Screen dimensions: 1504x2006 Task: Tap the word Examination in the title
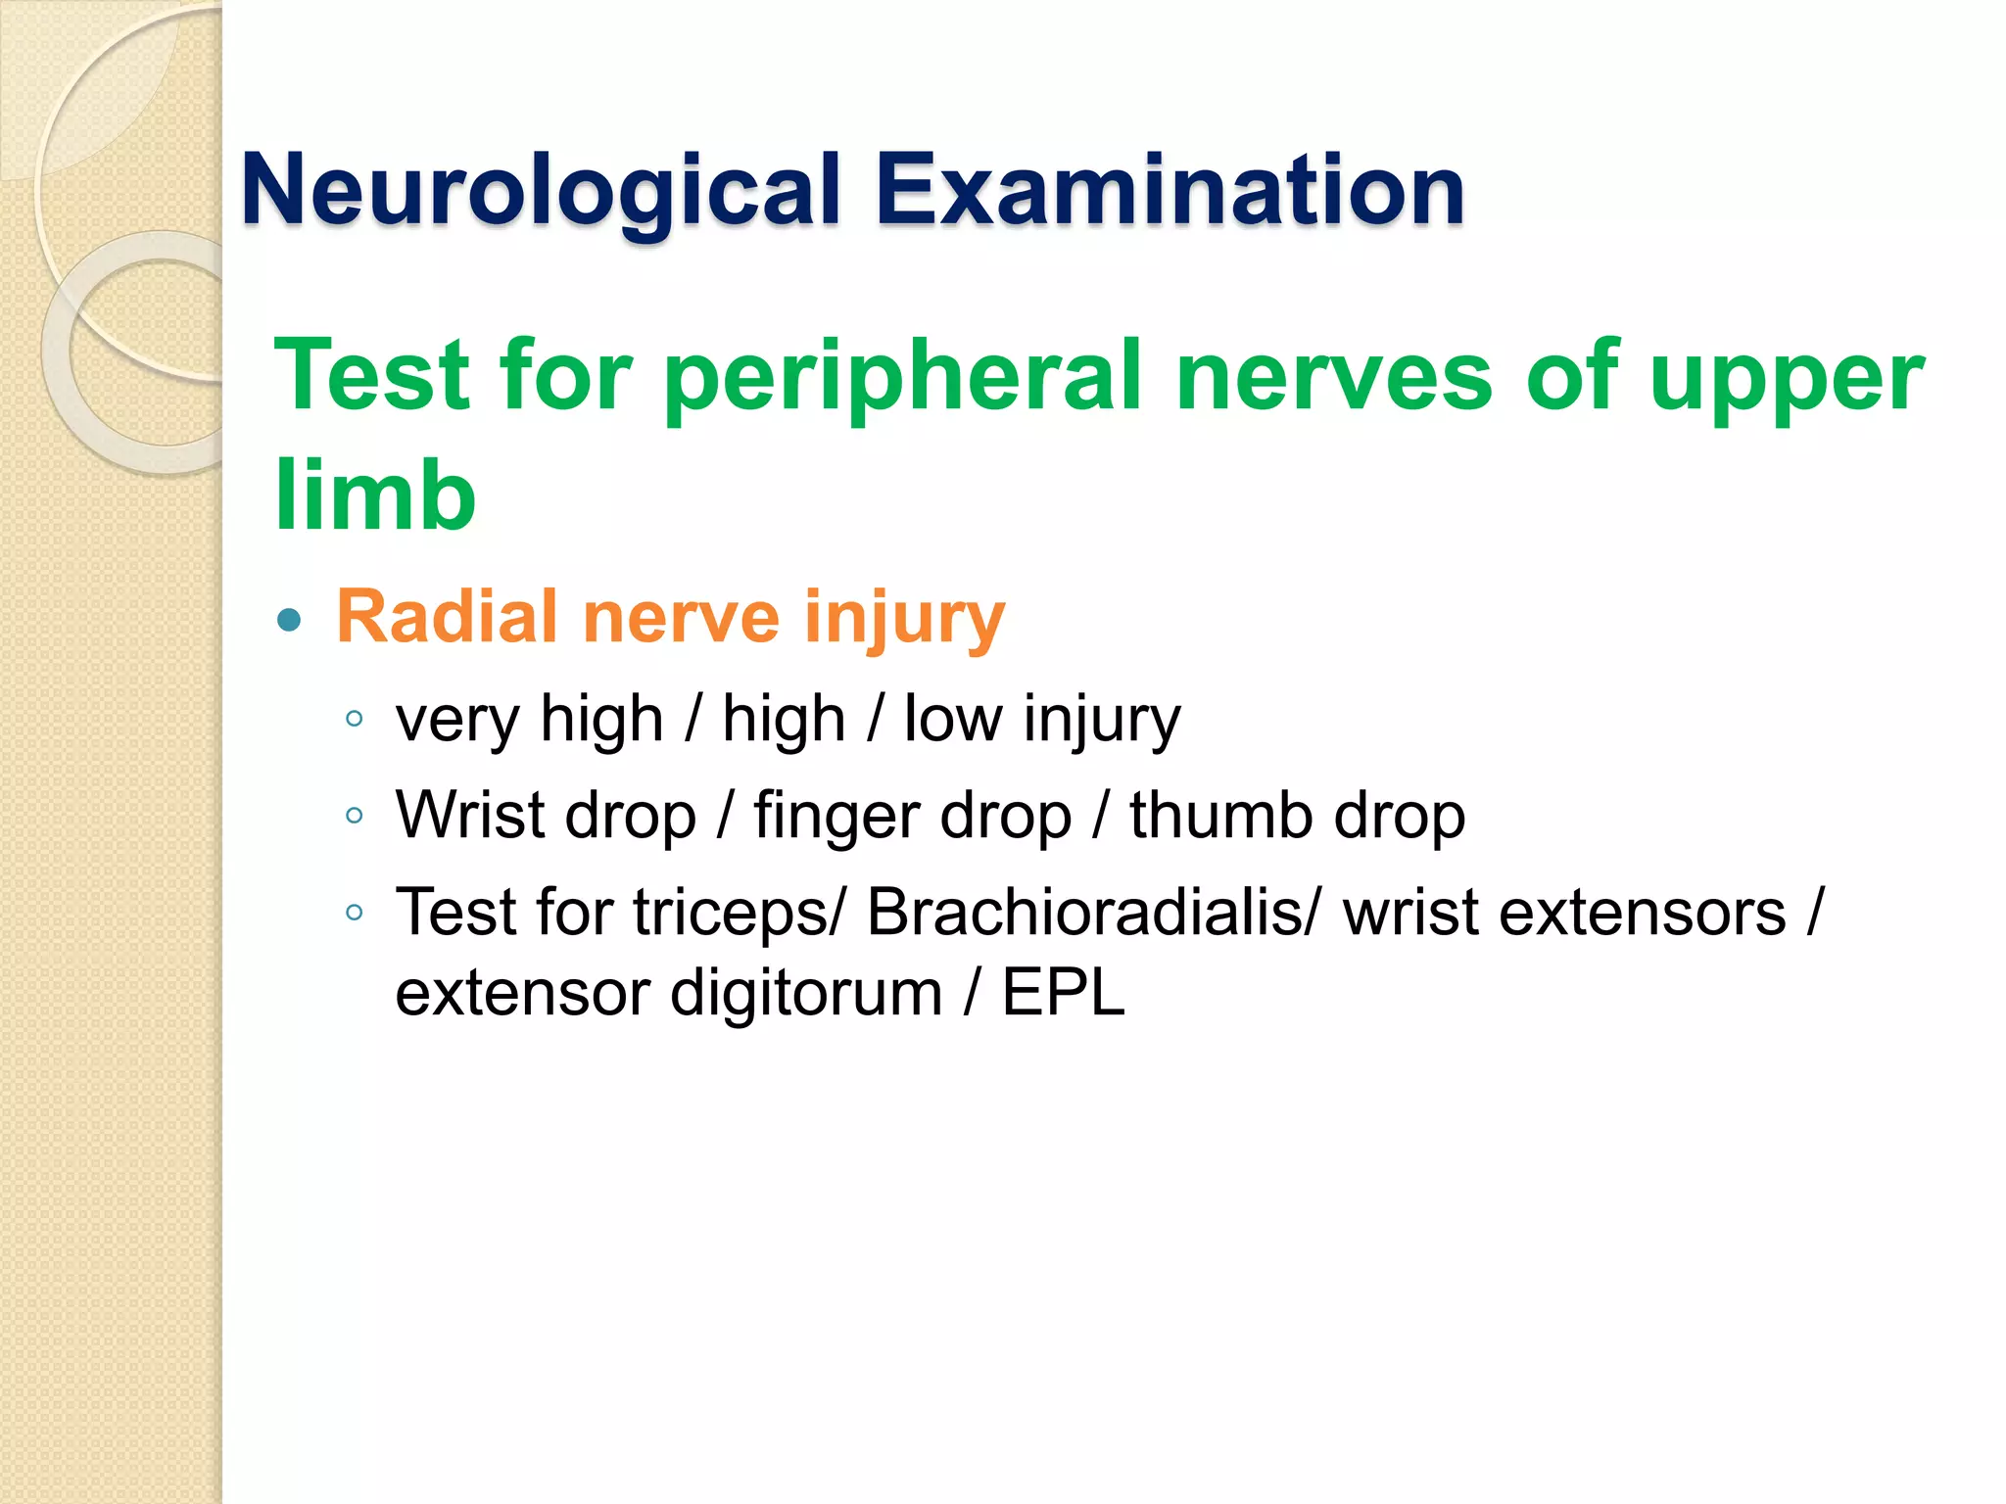click(1170, 189)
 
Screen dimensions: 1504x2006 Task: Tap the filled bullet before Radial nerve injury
click(289, 620)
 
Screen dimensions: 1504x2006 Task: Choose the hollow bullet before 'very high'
click(355, 720)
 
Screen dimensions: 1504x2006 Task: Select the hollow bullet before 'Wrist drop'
click(355, 816)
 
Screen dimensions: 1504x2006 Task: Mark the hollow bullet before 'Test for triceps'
click(355, 913)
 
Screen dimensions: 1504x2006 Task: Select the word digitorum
click(805, 994)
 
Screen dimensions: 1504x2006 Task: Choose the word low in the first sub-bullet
click(952, 719)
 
